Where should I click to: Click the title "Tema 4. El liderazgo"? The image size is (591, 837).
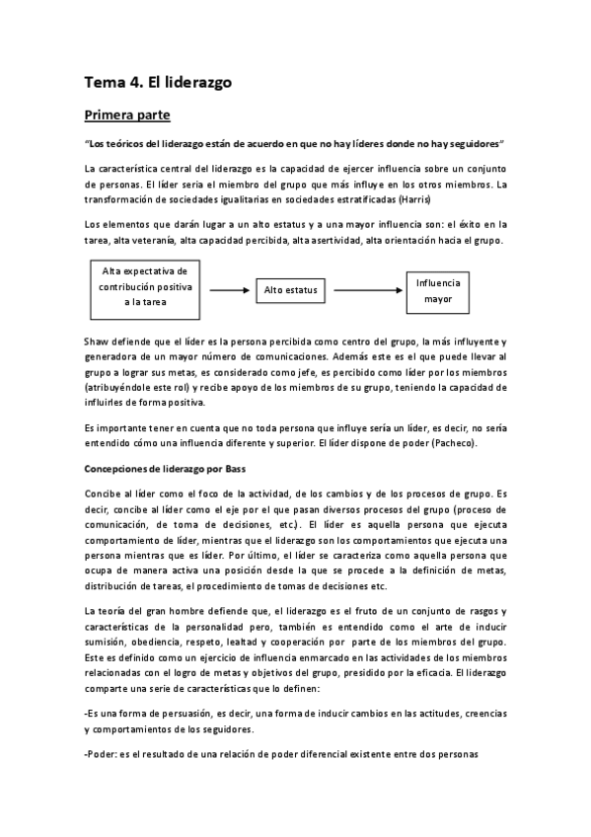coord(158,83)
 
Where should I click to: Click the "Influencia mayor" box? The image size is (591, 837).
coord(437,289)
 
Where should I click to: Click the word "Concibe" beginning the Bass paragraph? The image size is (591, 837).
coord(104,493)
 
